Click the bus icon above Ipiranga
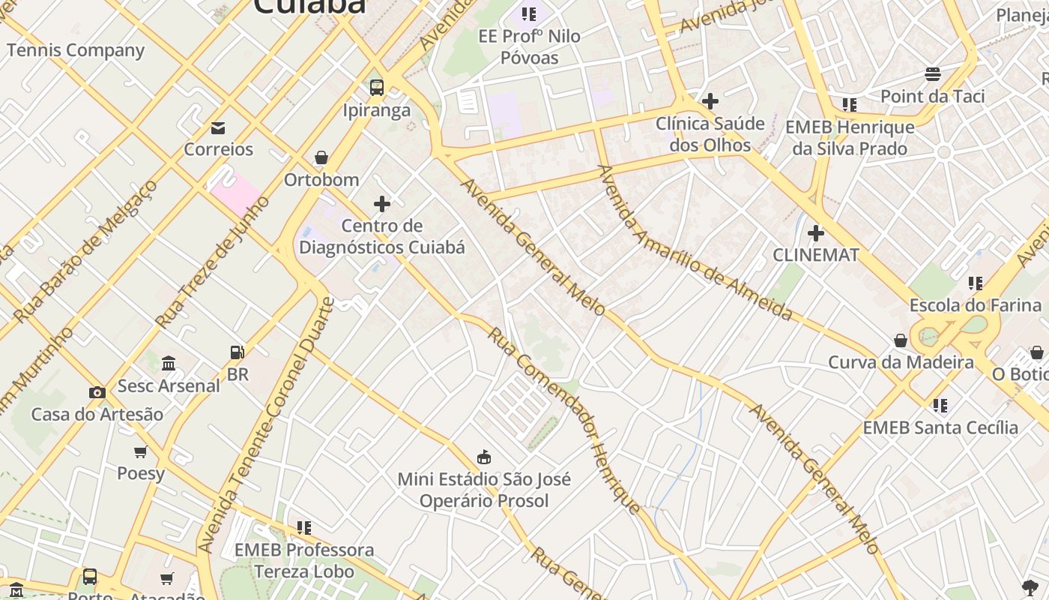click(377, 87)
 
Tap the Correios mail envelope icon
click(218, 128)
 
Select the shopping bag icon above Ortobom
click(321, 157)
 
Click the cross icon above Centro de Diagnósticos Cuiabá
click(382, 203)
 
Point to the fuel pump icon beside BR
click(237, 352)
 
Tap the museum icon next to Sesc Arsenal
click(169, 363)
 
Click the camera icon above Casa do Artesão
click(97, 392)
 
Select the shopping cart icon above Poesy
click(140, 451)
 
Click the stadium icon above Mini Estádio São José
click(484, 457)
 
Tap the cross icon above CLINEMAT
click(816, 233)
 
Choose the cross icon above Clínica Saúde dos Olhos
click(710, 100)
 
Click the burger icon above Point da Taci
click(933, 73)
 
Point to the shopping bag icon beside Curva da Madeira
click(901, 340)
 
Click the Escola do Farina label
click(975, 305)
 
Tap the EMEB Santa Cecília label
click(940, 427)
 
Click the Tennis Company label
click(75, 50)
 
